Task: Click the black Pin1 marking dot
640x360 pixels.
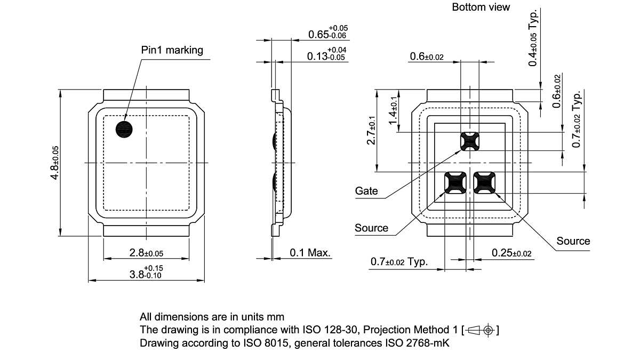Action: pyautogui.click(x=124, y=129)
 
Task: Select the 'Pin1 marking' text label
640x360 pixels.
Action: pyautogui.click(x=172, y=50)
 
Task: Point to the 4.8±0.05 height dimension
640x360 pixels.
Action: pyautogui.click(x=54, y=163)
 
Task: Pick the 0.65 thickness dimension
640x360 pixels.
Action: pyautogui.click(x=327, y=34)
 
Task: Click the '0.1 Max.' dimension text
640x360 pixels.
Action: pyautogui.click(x=310, y=252)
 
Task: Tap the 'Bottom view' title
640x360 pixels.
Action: pyautogui.click(x=481, y=7)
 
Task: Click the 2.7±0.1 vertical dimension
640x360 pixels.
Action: pyautogui.click(x=372, y=131)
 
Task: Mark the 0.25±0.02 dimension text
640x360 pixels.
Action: pyautogui.click(x=511, y=253)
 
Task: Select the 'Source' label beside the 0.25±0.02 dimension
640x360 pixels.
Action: pyautogui.click(x=573, y=241)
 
